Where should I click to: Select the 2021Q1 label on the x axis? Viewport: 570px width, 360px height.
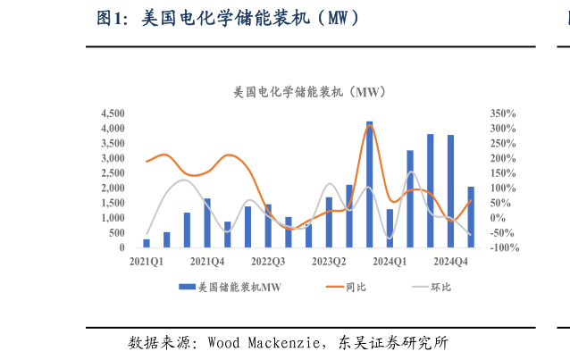click(x=147, y=262)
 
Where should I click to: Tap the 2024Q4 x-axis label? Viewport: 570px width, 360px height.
click(x=450, y=262)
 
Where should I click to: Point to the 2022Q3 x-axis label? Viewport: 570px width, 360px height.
click(x=268, y=262)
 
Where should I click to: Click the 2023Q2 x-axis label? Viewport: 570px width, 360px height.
click(x=329, y=262)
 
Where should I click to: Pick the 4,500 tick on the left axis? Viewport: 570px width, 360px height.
click(x=113, y=113)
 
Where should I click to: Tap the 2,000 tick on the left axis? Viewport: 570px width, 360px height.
click(x=113, y=188)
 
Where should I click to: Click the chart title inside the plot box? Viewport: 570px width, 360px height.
click(x=308, y=92)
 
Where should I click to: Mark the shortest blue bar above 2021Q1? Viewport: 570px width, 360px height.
click(x=147, y=243)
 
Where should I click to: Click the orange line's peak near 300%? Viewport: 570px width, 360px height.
click(x=370, y=125)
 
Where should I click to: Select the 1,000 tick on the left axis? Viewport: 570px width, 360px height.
click(x=113, y=218)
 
